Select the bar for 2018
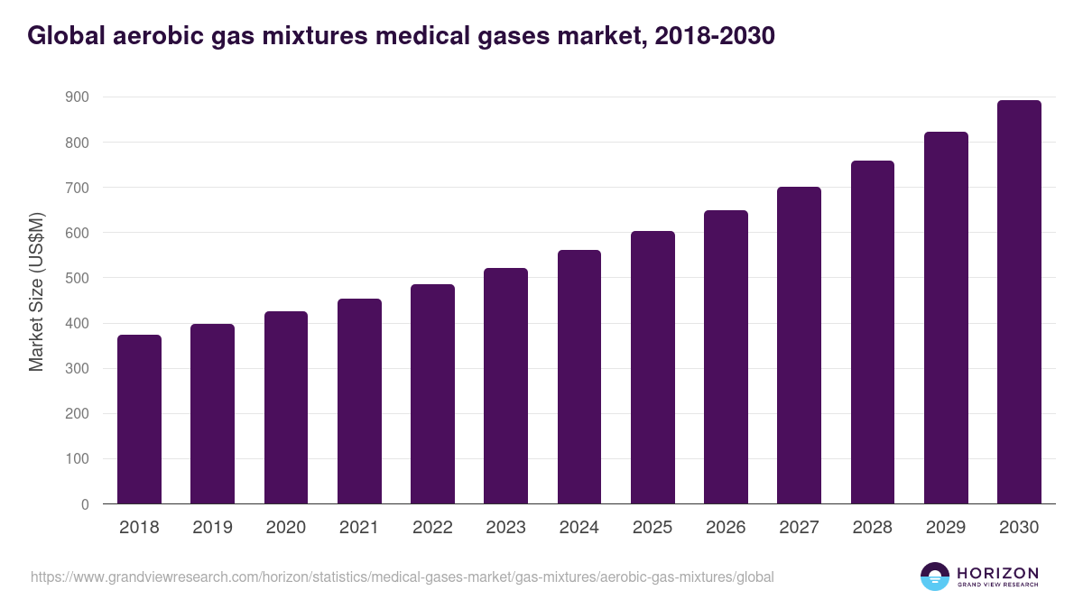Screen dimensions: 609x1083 click(139, 420)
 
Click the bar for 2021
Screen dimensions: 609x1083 click(359, 401)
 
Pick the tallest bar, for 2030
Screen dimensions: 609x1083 click(1019, 302)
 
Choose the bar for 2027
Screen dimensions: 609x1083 click(799, 346)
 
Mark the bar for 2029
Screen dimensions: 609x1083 click(946, 318)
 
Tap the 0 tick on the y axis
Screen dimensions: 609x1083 click(85, 504)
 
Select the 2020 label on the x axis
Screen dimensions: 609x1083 click(285, 528)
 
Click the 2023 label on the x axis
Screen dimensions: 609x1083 click(505, 528)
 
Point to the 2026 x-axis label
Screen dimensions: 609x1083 click(726, 528)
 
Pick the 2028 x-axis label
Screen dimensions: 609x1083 click(872, 528)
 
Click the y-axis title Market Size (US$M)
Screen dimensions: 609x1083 click(37, 291)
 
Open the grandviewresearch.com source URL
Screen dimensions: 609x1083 click(402, 577)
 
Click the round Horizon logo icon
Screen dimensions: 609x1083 click(935, 577)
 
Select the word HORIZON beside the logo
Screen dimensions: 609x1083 click(997, 573)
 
